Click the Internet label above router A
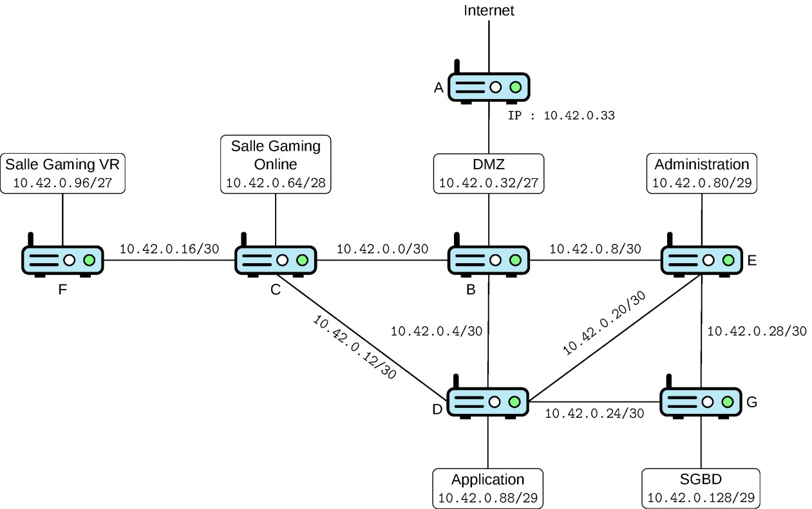[489, 10]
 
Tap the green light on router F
[89, 260]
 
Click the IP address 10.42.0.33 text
[579, 116]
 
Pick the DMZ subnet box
[489, 174]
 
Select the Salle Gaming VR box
[62, 174]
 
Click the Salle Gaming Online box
[276, 165]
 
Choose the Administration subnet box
[702, 174]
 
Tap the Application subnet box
[487, 488]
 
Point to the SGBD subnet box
[701, 488]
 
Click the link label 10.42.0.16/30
[169, 249]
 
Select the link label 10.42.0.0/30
[382, 249]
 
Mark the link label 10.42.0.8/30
[595, 249]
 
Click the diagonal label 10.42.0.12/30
[354, 347]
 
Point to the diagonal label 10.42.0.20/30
[604, 323]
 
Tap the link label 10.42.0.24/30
[594, 413]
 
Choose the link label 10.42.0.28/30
[757, 331]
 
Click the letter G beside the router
[752, 402]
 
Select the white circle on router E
[708, 260]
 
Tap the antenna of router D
[457, 382]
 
